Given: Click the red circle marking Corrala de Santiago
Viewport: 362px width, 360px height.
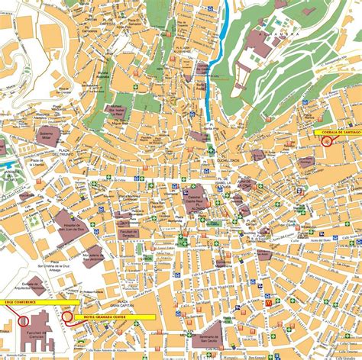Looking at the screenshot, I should tap(328, 140).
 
